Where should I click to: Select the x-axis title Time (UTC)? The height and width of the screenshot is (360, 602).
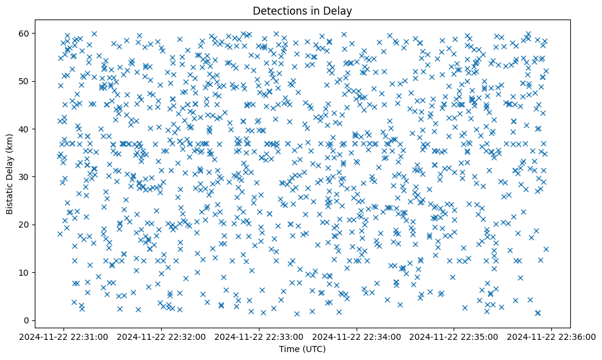(x=302, y=349)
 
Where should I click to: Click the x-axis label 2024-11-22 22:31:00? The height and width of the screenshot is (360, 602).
(x=64, y=336)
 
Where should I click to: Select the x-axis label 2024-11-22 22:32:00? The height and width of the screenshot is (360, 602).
(x=162, y=336)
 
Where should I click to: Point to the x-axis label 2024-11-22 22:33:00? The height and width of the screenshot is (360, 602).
(x=259, y=336)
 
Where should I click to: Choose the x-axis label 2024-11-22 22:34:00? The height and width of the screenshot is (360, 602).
(x=357, y=336)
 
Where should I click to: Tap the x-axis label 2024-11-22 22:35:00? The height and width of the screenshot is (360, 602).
(x=454, y=336)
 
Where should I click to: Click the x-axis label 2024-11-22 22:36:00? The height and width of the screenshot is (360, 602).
(x=552, y=336)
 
